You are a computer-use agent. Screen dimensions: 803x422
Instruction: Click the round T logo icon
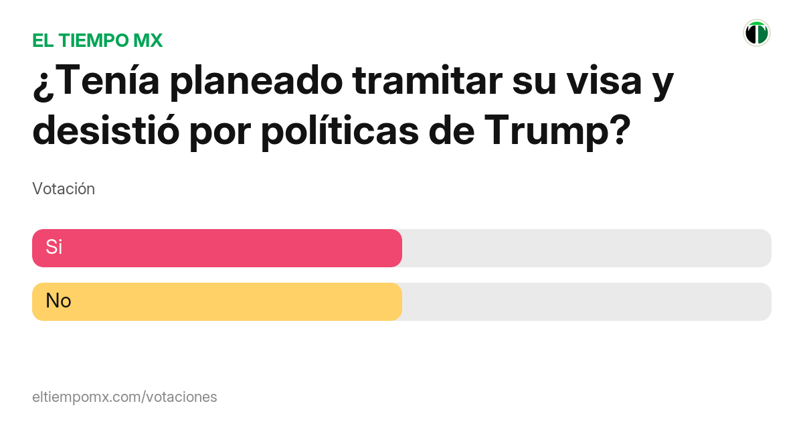[756, 33]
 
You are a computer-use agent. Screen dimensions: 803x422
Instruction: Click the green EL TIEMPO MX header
[97, 40]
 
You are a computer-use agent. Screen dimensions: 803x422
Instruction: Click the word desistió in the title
[106, 130]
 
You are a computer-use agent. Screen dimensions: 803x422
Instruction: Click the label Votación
[64, 189]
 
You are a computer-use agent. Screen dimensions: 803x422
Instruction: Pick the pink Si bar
[217, 248]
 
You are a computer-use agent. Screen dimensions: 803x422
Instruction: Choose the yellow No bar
[217, 302]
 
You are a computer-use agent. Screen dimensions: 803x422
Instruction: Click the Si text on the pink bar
[54, 247]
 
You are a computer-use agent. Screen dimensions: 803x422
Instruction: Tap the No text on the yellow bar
[58, 301]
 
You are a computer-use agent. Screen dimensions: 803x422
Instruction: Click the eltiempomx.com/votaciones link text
[124, 397]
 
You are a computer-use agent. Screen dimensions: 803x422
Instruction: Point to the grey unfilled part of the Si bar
[586, 248]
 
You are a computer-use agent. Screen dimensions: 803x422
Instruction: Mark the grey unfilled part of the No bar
[586, 302]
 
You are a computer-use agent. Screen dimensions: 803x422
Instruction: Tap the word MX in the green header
[148, 40]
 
